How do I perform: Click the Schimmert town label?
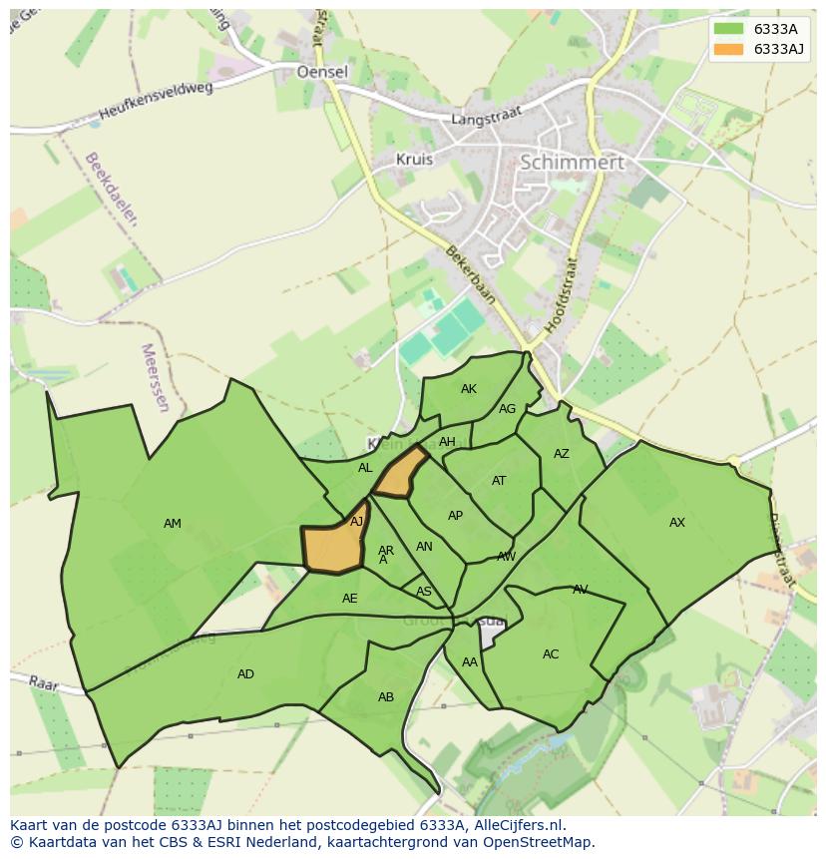572,162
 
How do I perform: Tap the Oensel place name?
322,72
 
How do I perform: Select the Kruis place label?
414,159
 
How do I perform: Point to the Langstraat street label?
487,118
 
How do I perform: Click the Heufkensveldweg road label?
157,102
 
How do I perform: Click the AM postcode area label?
173,524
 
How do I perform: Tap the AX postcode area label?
677,523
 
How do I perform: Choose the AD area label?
245,674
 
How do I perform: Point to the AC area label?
551,654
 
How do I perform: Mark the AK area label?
469,389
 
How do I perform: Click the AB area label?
386,697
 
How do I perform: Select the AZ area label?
562,454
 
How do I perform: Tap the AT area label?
499,481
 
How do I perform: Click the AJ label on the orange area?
357,521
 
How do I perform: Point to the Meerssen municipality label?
156,379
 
